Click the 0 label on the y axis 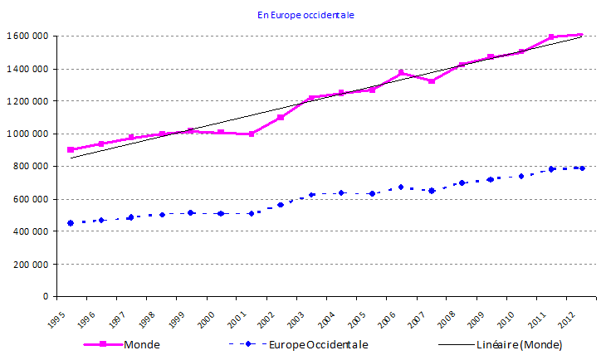click(45, 296)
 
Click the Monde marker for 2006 click(401, 73)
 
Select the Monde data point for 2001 click(251, 134)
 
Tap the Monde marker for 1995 click(71, 150)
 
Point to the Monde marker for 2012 click(580, 35)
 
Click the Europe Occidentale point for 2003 click(311, 195)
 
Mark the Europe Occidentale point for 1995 click(71, 223)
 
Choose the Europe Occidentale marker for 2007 click(432, 191)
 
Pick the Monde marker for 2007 click(432, 81)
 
